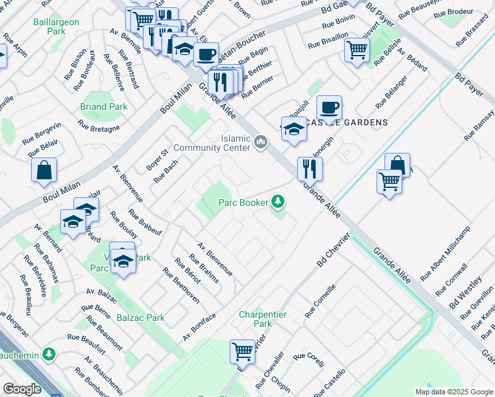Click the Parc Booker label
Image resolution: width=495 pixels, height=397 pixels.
(x=244, y=202)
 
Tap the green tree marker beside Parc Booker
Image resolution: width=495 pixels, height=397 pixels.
(x=279, y=201)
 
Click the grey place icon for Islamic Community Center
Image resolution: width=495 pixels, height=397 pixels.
(x=261, y=141)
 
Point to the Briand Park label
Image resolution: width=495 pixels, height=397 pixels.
(x=103, y=107)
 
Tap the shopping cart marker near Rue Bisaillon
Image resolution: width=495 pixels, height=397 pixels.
(x=357, y=50)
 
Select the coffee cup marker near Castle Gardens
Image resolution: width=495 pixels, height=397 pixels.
(x=329, y=107)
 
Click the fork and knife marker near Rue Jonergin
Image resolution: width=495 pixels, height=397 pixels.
(x=309, y=169)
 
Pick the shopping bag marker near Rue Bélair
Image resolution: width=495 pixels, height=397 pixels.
(x=44, y=170)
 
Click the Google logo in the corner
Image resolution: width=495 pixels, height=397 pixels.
(x=22, y=389)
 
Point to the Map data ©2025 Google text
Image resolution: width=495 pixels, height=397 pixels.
(x=453, y=392)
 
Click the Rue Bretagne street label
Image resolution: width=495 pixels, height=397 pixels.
(x=99, y=125)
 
